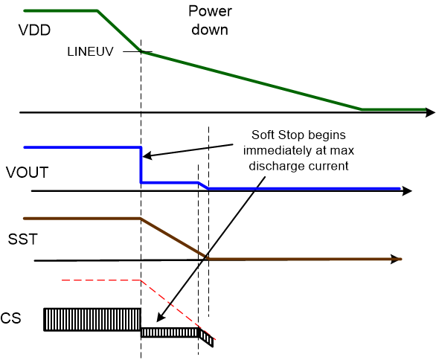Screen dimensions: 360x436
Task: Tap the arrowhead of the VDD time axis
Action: (x=430, y=113)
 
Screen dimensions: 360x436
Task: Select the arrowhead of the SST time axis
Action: (x=396, y=259)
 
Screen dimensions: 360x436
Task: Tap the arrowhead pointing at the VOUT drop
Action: (x=147, y=156)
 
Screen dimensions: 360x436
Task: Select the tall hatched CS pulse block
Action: (x=92, y=319)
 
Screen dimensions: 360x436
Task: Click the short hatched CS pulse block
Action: (x=170, y=332)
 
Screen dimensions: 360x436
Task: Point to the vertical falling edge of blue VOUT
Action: (x=141, y=165)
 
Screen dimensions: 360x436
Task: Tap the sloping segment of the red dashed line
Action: (x=170, y=304)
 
